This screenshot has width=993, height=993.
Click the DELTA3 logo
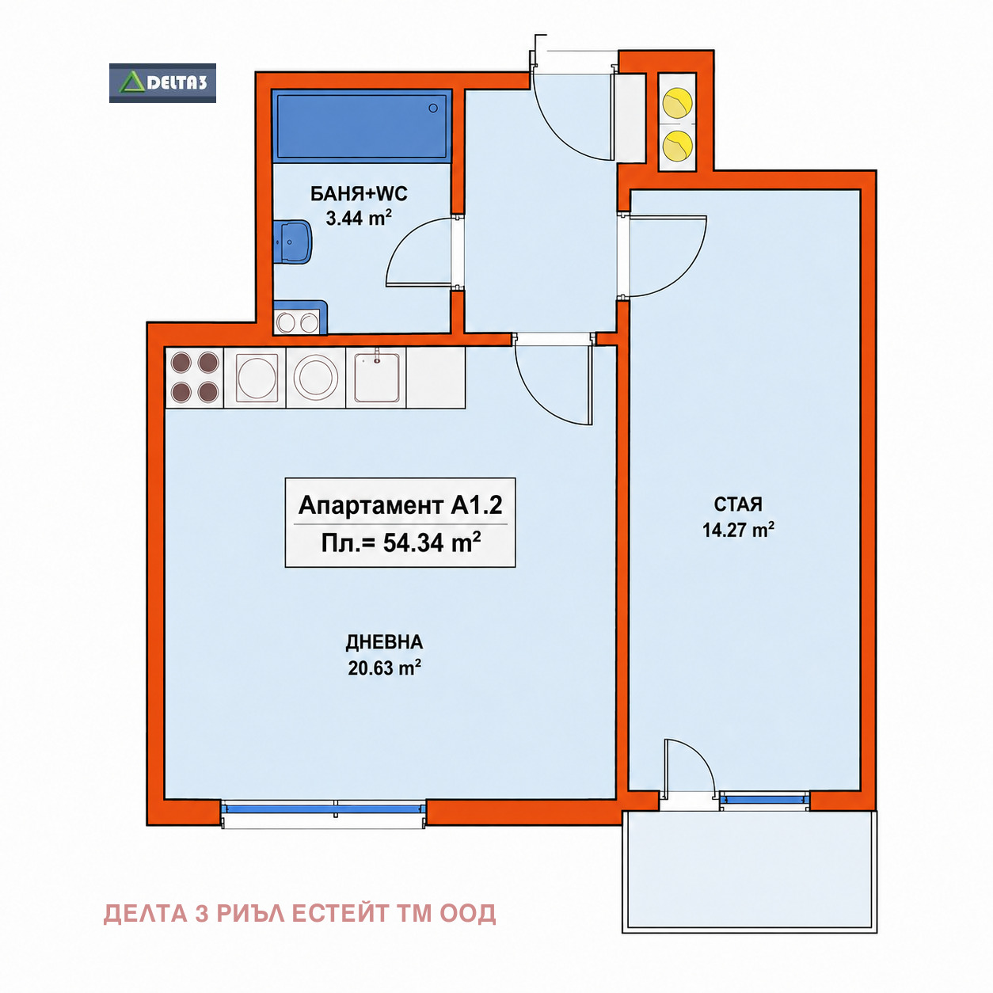[x=162, y=83]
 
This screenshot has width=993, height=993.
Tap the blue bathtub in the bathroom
[x=362, y=126]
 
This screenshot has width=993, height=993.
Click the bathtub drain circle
[x=433, y=108]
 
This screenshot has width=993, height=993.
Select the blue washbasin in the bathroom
[x=293, y=242]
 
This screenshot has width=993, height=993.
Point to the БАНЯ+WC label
[x=359, y=194]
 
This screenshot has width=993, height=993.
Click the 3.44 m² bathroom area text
[x=359, y=218]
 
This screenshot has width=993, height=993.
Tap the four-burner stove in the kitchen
[x=194, y=377]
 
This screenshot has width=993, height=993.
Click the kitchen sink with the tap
[x=376, y=377]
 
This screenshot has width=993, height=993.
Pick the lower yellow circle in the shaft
[x=678, y=144]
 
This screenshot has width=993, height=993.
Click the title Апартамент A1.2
[x=401, y=505]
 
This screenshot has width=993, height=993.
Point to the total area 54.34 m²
[x=401, y=543]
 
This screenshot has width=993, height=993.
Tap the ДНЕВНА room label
[x=384, y=642]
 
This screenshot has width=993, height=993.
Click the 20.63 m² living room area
[x=384, y=668]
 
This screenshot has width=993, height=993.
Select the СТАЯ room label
[x=738, y=504]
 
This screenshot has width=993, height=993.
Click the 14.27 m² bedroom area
[x=739, y=530]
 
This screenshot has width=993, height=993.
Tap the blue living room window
[x=324, y=809]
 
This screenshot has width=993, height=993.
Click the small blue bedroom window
[x=764, y=800]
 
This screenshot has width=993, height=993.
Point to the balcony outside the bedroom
[x=749, y=871]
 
